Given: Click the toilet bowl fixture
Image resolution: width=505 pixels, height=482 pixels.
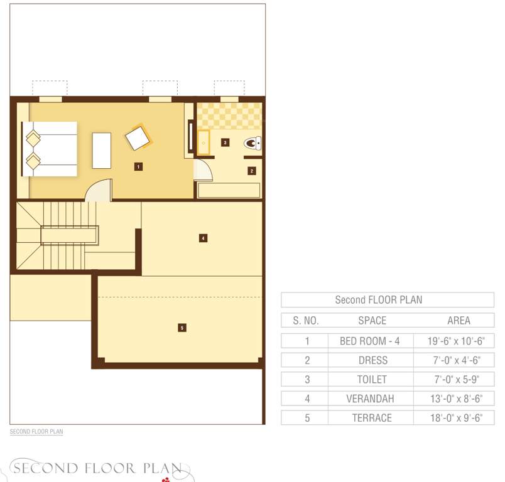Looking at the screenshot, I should pyautogui.click(x=253, y=144).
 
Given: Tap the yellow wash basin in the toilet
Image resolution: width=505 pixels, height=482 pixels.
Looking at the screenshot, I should pyautogui.click(x=204, y=142).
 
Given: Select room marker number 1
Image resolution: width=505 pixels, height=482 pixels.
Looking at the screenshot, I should pyautogui.click(x=138, y=166).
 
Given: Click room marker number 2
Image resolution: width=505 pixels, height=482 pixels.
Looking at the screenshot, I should pyautogui.click(x=251, y=170).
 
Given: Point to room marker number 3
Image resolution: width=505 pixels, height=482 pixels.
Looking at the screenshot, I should pyautogui.click(x=225, y=142).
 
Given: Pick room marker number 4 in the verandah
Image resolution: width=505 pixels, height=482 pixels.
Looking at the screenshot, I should pyautogui.click(x=203, y=238).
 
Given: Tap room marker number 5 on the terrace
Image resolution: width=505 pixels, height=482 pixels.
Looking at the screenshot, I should pyautogui.click(x=182, y=327).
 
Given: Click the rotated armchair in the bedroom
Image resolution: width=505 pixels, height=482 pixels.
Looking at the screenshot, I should pyautogui.click(x=138, y=137).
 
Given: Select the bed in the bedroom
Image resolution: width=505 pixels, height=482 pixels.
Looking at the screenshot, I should pyautogui.click(x=50, y=149).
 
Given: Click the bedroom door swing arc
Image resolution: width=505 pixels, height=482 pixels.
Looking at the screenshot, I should pyautogui.click(x=99, y=190).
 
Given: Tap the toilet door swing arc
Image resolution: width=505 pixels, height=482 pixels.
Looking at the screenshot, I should pyautogui.click(x=202, y=170).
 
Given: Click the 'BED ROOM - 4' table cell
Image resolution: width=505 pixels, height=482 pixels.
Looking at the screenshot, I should pyautogui.click(x=369, y=341).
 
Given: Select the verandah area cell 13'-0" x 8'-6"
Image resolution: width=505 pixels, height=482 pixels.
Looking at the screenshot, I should pyautogui.click(x=458, y=399).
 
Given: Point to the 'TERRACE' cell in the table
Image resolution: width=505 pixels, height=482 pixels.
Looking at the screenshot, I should pyautogui.click(x=371, y=418).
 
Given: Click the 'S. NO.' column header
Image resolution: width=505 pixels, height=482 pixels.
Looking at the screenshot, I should pyautogui.click(x=306, y=320).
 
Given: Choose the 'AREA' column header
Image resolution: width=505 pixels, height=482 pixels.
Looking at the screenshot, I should pyautogui.click(x=459, y=320).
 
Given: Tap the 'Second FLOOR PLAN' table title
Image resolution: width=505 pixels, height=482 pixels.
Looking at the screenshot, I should pyautogui.click(x=378, y=300).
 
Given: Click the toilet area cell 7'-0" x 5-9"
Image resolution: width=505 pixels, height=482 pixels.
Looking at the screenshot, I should pyautogui.click(x=458, y=380).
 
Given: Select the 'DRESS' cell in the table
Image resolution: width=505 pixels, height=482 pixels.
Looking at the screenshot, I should pyautogui.click(x=372, y=360).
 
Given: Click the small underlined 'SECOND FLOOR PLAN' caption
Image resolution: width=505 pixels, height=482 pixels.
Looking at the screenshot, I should pyautogui.click(x=36, y=432).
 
